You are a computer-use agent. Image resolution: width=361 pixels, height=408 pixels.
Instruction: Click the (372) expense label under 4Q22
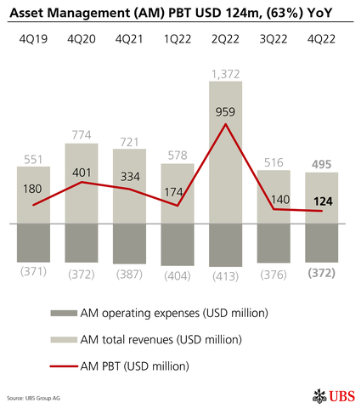[322, 275]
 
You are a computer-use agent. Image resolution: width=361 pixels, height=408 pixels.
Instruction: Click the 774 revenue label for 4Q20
[82, 134]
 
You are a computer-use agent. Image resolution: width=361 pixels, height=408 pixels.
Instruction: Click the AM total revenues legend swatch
[63, 340]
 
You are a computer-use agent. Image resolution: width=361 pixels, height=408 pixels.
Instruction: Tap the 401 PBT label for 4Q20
[82, 173]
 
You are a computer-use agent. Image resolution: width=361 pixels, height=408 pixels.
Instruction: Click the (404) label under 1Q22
[178, 275]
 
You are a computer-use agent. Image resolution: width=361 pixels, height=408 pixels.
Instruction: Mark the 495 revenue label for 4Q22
[322, 164]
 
